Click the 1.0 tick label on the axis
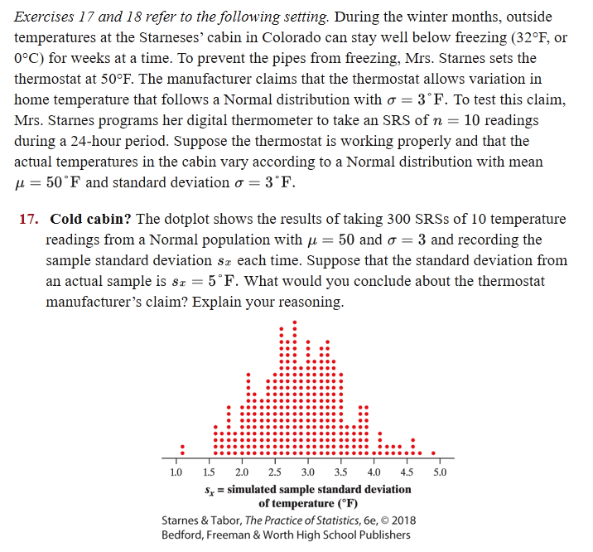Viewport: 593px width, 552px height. point(175,472)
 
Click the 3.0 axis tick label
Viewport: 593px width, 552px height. point(307,472)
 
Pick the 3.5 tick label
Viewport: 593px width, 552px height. point(340,472)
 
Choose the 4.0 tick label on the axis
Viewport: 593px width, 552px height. point(374,472)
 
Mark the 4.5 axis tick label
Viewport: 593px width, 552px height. point(407,472)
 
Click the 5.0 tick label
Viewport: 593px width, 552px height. point(440,472)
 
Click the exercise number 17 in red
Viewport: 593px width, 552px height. point(27,220)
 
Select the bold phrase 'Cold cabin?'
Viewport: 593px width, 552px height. point(89,220)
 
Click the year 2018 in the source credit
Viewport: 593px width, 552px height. point(400,520)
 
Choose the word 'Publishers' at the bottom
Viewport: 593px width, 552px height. point(381,535)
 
